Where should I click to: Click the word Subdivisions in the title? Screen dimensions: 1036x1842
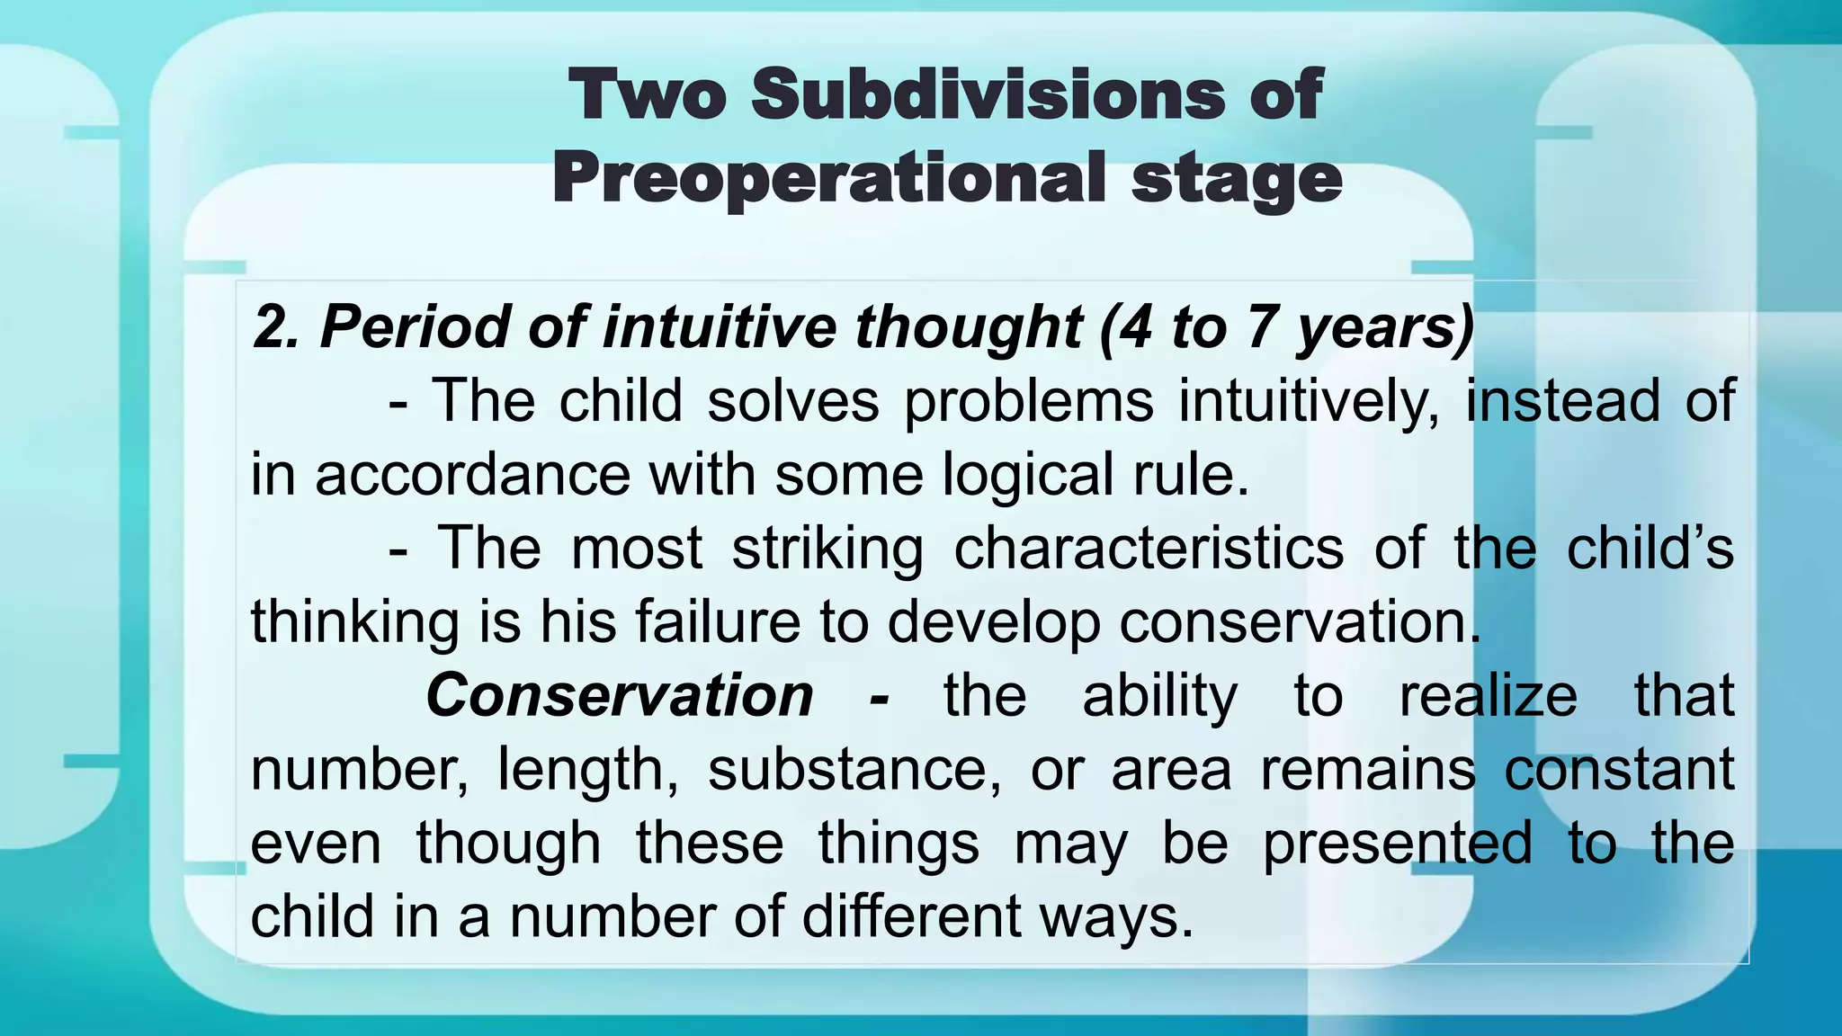click(x=988, y=94)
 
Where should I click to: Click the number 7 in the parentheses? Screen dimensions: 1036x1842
click(x=1261, y=326)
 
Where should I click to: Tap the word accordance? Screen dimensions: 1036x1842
click(x=472, y=475)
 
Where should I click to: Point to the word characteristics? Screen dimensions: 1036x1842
click(x=1149, y=549)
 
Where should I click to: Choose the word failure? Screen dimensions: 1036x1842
click(x=717, y=621)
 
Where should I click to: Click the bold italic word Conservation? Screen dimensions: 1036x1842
click(x=620, y=695)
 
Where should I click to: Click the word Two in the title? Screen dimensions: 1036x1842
click(x=648, y=94)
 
